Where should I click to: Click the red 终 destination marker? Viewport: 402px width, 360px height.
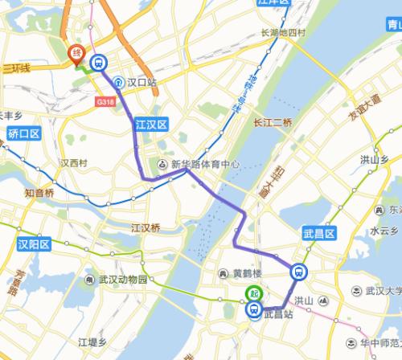coord(76,53)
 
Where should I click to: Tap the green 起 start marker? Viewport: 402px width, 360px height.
coord(254,293)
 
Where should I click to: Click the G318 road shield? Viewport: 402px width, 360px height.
coord(105,101)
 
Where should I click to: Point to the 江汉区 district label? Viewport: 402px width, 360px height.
coord(150,125)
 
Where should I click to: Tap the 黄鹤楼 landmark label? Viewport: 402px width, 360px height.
coord(246,273)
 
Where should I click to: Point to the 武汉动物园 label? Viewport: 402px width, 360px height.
coord(119,280)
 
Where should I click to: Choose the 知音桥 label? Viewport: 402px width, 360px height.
coord(39,193)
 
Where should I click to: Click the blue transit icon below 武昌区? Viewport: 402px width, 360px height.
coord(299,272)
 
